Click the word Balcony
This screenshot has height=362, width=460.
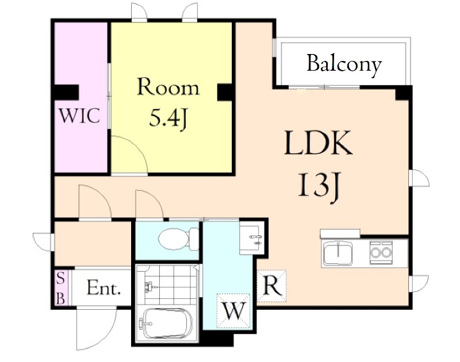pos(344,64)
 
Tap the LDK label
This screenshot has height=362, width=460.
pos(319,143)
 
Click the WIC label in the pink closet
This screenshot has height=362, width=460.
pos(80,115)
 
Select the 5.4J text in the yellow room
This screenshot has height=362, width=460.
pos(168,118)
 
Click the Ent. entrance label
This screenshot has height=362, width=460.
pos(103,288)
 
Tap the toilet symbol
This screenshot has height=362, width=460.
pos(178,238)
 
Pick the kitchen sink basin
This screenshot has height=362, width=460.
pos(338,253)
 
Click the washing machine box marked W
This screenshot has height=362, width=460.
pos(233,310)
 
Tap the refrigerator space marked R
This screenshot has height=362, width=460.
pos(271,286)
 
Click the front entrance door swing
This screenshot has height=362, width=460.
pos(96,328)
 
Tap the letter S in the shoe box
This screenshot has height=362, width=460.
pos(61,278)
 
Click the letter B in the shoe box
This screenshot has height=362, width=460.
pos(61,299)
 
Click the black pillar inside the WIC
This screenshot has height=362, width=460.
pos(67,93)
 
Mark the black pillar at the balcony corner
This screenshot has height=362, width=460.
pos(403,93)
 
